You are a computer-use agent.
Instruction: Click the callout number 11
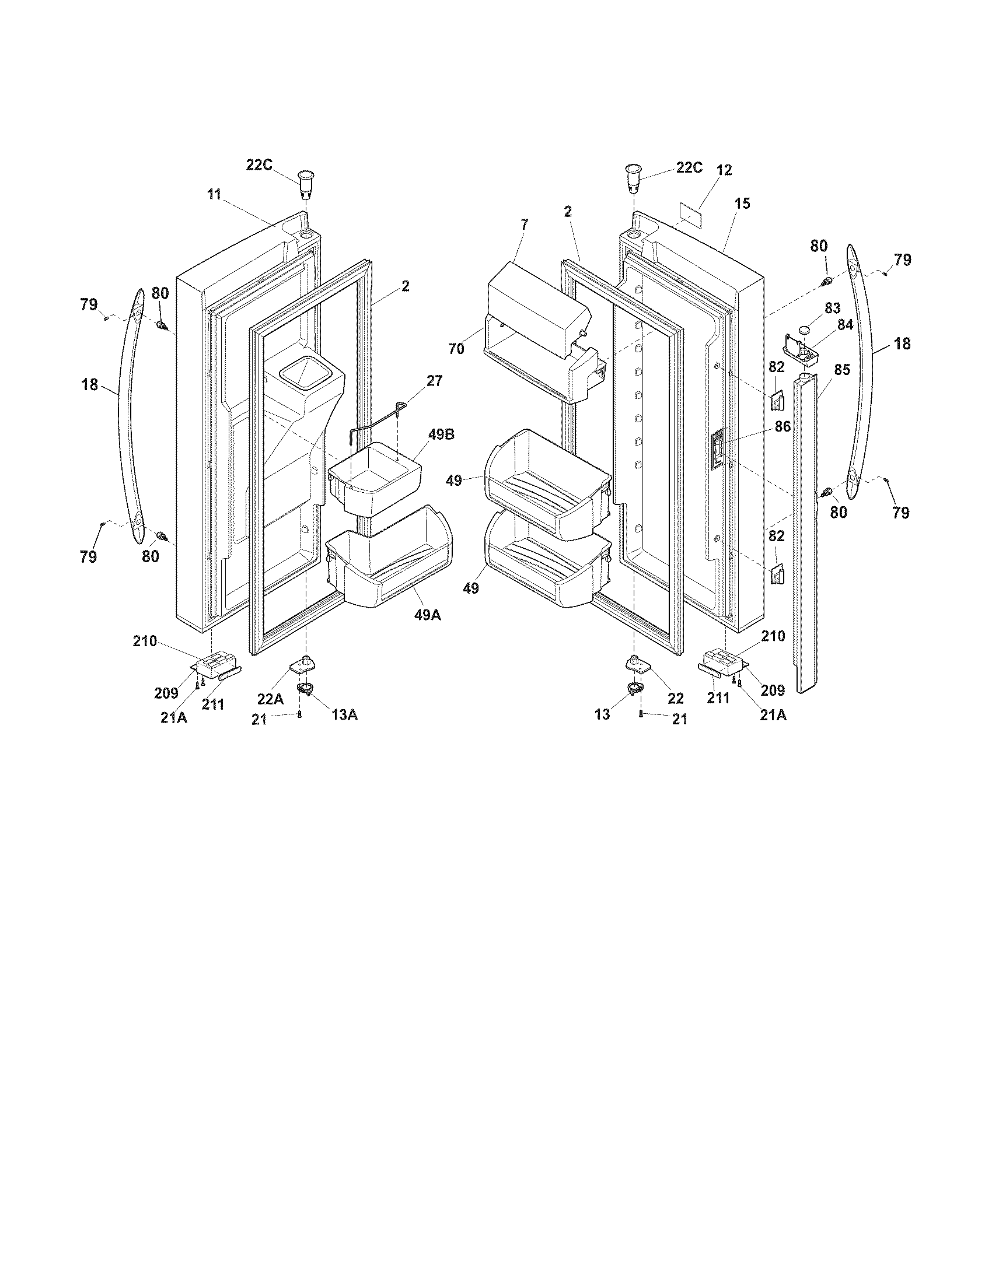214,194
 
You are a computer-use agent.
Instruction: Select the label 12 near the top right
724,170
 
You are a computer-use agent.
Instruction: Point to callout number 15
742,204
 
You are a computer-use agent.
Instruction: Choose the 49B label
441,434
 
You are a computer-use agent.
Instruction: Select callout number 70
457,349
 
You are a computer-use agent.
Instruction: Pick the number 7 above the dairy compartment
524,224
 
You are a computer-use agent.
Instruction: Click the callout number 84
844,324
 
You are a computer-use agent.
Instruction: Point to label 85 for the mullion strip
841,370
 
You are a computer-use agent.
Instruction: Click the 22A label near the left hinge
270,699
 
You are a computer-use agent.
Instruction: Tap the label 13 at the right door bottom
602,714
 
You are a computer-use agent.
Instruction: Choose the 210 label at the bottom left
145,641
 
